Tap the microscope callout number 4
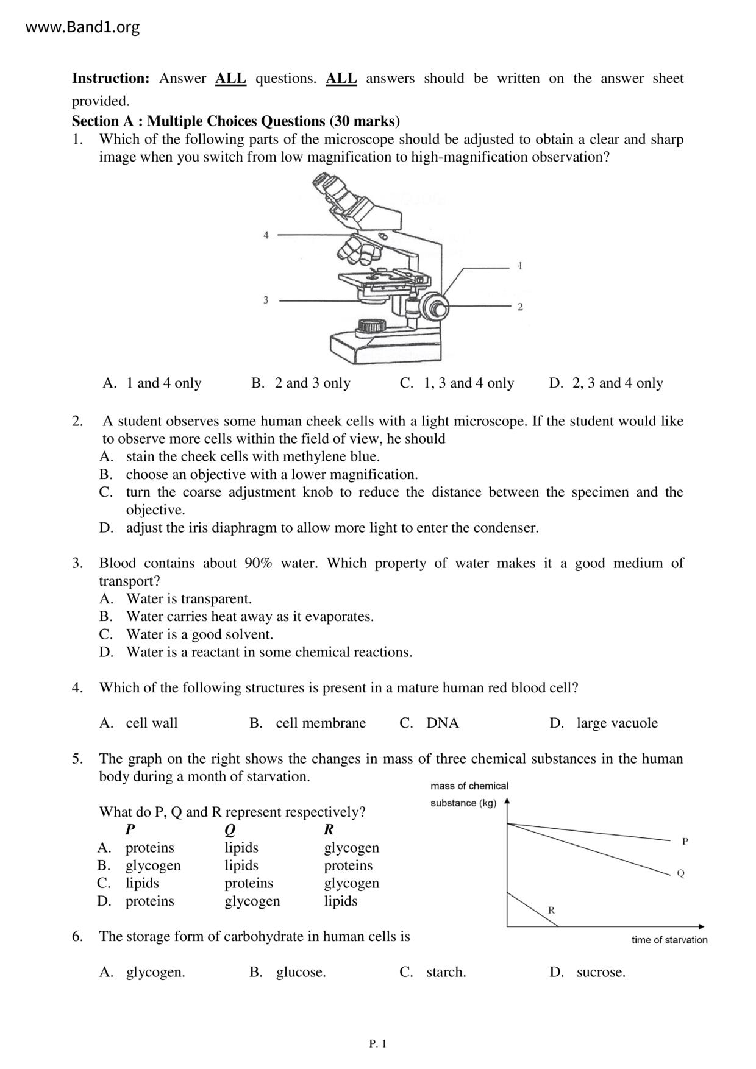[266, 235]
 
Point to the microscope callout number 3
[266, 300]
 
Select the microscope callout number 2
[520, 307]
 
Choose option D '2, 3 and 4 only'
[617, 383]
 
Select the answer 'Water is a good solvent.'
[199, 634]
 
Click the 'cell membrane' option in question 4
[320, 723]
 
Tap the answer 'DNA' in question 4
[442, 723]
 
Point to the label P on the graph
[685, 842]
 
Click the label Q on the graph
[681, 873]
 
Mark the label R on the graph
[551, 911]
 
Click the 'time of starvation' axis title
[669, 940]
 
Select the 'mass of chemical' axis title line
[469, 786]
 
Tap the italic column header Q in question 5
[230, 830]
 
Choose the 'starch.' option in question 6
[446, 972]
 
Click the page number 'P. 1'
[378, 1044]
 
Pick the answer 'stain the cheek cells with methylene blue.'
[252, 456]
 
